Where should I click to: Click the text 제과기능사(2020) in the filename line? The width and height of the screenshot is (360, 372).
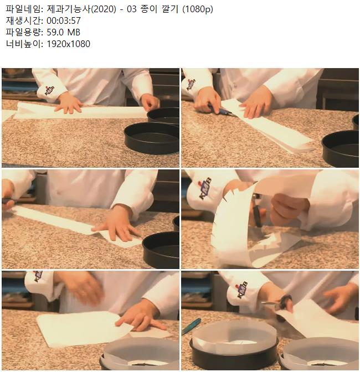pos(81,9)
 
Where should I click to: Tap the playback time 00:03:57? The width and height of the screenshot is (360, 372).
pos(64,20)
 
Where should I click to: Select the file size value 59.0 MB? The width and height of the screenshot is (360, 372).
pos(63,32)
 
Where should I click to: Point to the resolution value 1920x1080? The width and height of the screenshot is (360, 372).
pos(68,44)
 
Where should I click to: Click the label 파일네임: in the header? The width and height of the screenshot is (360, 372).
pos(24,9)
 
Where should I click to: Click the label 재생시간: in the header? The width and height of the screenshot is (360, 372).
pos(24,20)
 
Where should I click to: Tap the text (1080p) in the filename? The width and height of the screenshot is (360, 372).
pos(198,9)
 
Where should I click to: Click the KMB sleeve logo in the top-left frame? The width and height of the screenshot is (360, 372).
pos(50,90)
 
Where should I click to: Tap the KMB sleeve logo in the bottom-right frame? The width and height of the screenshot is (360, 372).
pos(242,290)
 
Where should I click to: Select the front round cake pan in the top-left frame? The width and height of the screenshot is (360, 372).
pos(152,138)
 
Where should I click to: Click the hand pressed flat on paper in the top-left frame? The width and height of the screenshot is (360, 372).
pos(69,103)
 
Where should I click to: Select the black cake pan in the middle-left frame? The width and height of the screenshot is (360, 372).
pos(161,250)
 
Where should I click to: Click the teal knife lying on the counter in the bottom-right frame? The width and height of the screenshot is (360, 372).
pos(191,327)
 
